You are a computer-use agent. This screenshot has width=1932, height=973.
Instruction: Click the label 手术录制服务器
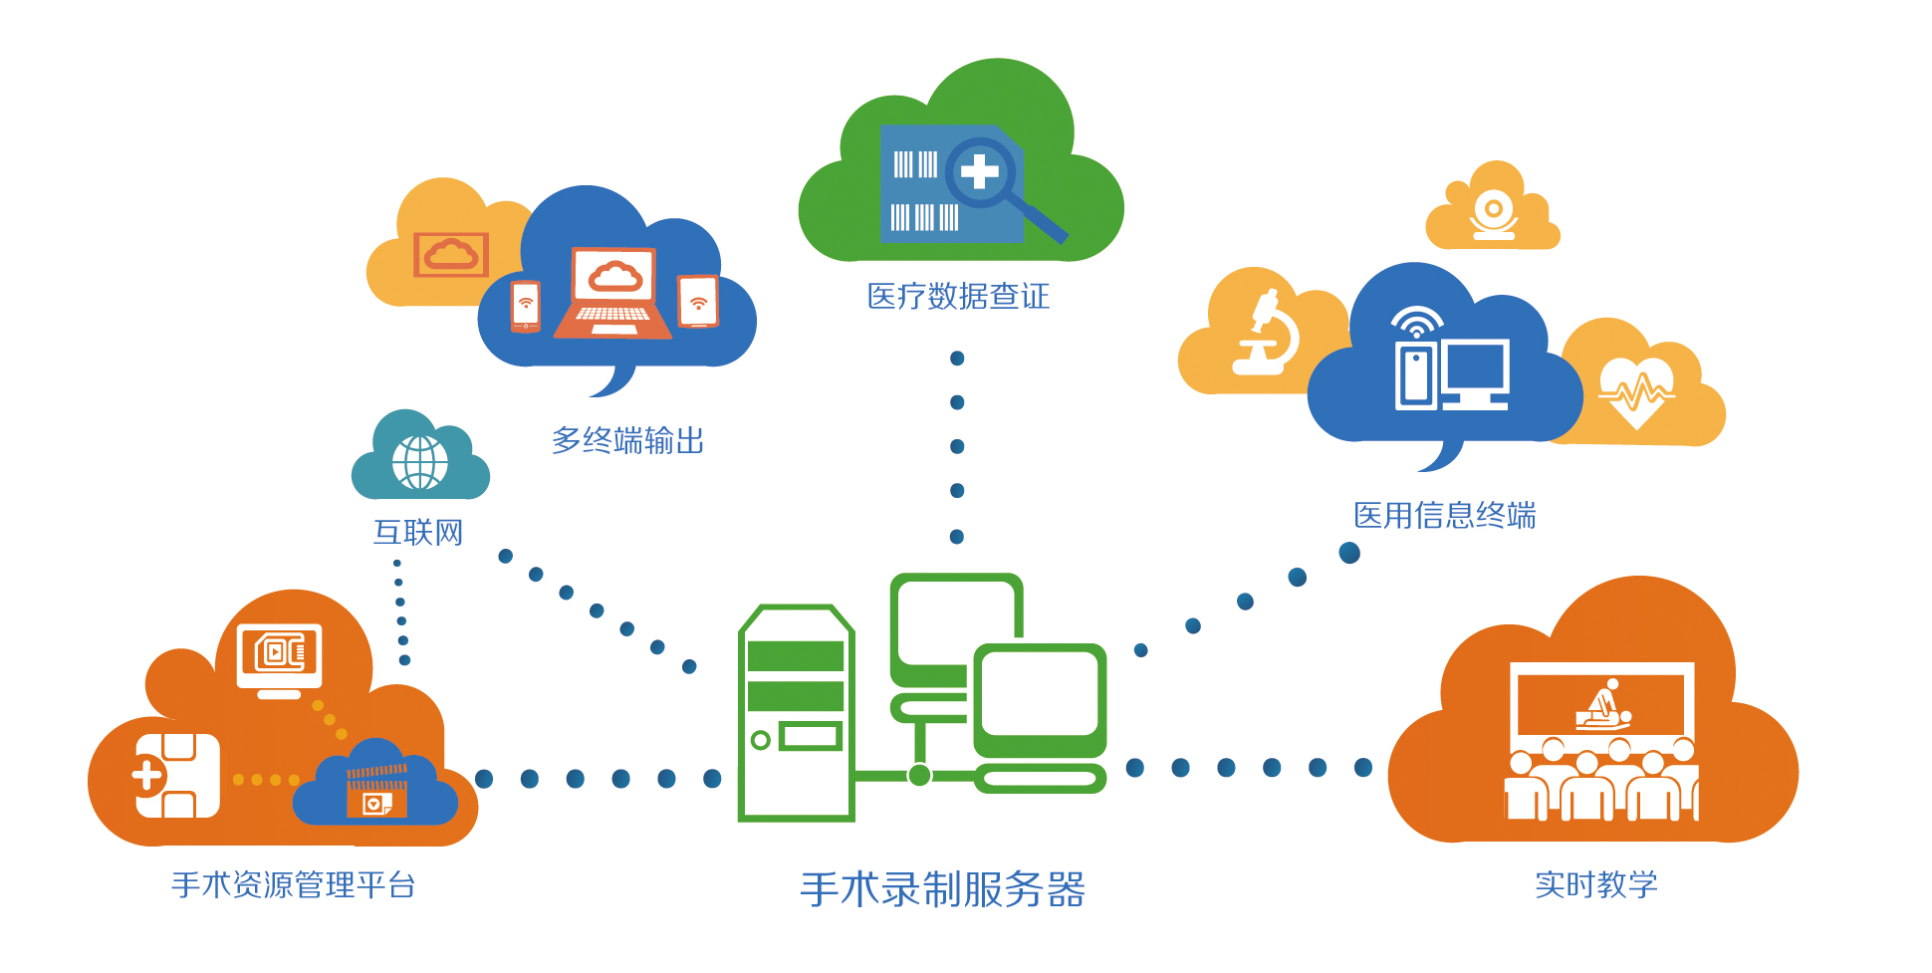(942, 889)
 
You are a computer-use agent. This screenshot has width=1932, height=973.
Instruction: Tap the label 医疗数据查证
(958, 296)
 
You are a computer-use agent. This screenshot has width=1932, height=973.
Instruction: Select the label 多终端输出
(627, 440)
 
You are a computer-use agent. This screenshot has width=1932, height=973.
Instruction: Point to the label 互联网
(418, 532)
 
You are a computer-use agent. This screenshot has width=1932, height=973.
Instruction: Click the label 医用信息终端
(1444, 515)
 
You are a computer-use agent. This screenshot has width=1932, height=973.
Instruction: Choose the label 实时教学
(1595, 884)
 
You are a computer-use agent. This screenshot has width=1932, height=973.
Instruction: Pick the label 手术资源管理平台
(293, 884)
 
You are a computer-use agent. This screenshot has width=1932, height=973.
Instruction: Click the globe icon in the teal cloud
(419, 462)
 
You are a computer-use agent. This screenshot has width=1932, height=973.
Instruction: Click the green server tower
(795, 713)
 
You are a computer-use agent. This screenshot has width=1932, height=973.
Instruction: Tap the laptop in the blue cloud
(613, 294)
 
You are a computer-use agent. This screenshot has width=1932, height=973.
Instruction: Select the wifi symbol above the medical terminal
(1416, 321)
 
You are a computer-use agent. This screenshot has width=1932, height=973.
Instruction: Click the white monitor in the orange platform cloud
(280, 656)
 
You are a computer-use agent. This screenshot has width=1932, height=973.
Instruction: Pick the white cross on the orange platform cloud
(147, 774)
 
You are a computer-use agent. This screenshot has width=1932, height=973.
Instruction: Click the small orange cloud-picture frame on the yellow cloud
(451, 255)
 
